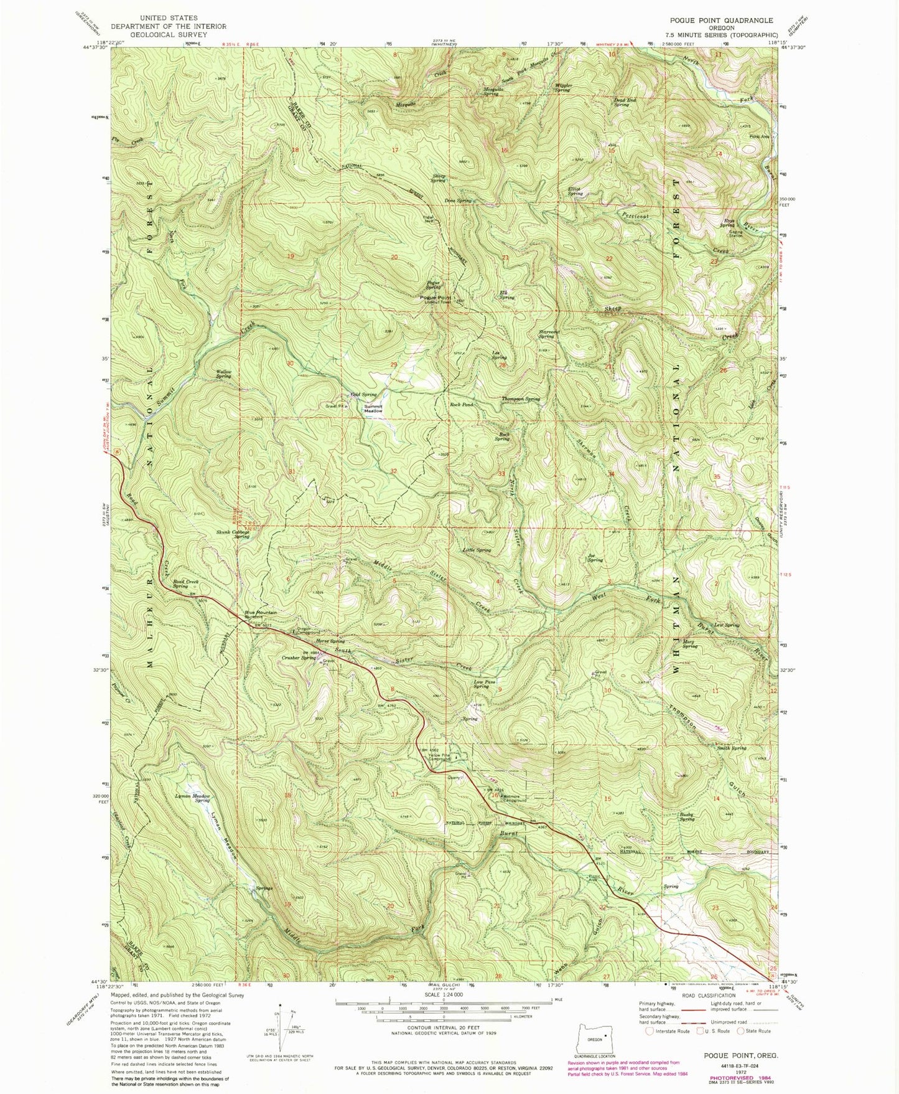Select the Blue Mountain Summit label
tap(261, 615)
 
